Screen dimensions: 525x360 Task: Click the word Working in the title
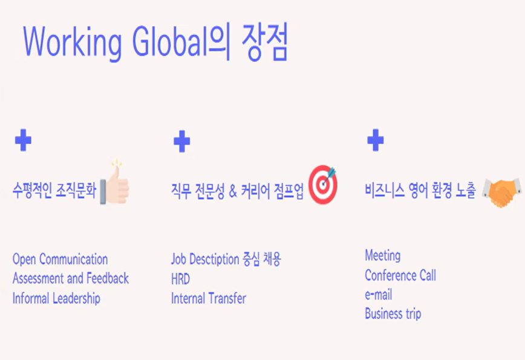click(x=72, y=42)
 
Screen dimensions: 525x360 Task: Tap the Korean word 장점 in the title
click(x=264, y=42)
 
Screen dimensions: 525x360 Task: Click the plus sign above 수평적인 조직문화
click(x=23, y=140)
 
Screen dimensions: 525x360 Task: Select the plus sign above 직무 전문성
click(x=182, y=142)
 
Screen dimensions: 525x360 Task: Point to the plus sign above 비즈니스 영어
click(x=376, y=140)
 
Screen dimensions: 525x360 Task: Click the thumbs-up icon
click(x=115, y=183)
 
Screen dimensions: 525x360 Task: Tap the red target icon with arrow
click(x=323, y=185)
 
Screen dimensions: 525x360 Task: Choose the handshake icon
click(x=502, y=192)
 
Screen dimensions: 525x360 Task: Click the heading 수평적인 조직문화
click(x=54, y=191)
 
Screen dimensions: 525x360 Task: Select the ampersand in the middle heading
click(x=233, y=191)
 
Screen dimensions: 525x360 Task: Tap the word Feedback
click(x=108, y=278)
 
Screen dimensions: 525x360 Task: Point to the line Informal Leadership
click(x=56, y=298)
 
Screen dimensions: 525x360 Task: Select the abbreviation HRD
click(x=180, y=279)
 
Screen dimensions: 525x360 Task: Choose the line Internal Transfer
click(x=209, y=298)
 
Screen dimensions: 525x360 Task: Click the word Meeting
click(x=383, y=255)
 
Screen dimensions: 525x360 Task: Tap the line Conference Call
click(x=400, y=275)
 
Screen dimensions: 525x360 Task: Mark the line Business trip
click(x=393, y=314)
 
